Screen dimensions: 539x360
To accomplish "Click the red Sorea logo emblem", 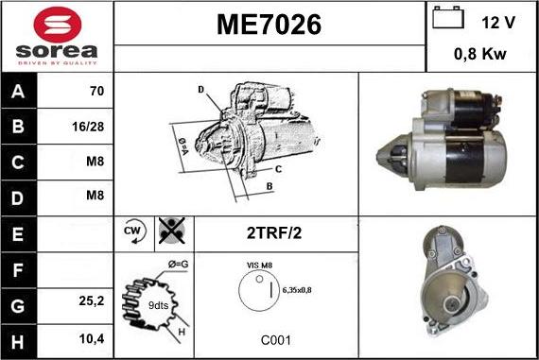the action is click(58, 26).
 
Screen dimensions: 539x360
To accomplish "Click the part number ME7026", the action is click(269, 25).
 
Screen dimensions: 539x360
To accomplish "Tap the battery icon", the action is click(448, 17).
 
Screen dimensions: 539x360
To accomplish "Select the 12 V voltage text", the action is click(498, 23).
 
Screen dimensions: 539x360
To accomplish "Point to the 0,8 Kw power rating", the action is click(480, 54).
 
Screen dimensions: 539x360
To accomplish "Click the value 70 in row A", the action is click(96, 91).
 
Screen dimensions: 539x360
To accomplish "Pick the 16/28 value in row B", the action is click(88, 127).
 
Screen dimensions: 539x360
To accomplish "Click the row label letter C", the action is click(18, 163).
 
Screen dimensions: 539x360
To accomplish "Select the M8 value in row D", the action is click(95, 196).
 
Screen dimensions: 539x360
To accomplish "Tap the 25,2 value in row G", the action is click(92, 300).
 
